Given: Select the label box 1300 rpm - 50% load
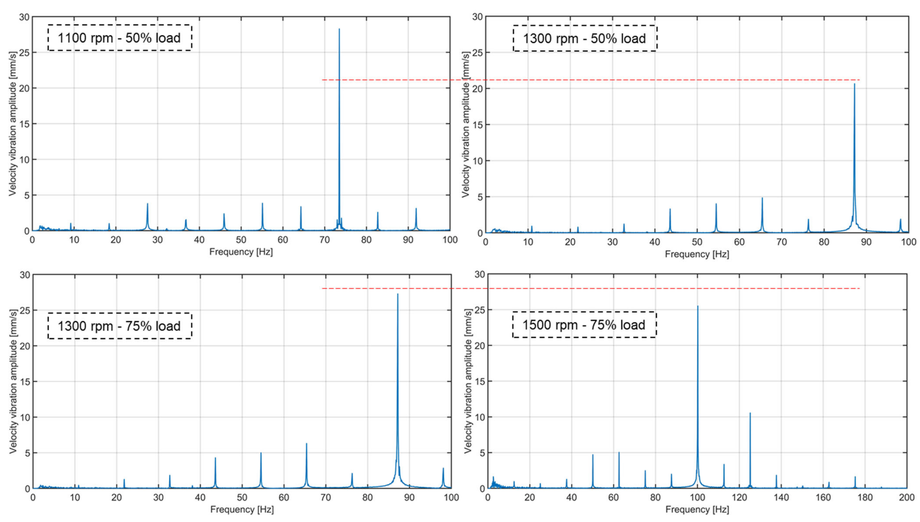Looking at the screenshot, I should (585, 38).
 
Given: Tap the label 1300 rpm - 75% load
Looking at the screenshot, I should (120, 326).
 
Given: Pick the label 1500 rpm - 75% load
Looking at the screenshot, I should (584, 325).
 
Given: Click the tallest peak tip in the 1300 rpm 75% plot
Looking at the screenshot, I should (398, 294).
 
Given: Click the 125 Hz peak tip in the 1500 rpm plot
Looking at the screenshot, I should (750, 413).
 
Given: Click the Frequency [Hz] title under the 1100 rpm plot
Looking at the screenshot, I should (241, 252).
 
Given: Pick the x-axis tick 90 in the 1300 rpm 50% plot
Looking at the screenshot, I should (866, 242).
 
